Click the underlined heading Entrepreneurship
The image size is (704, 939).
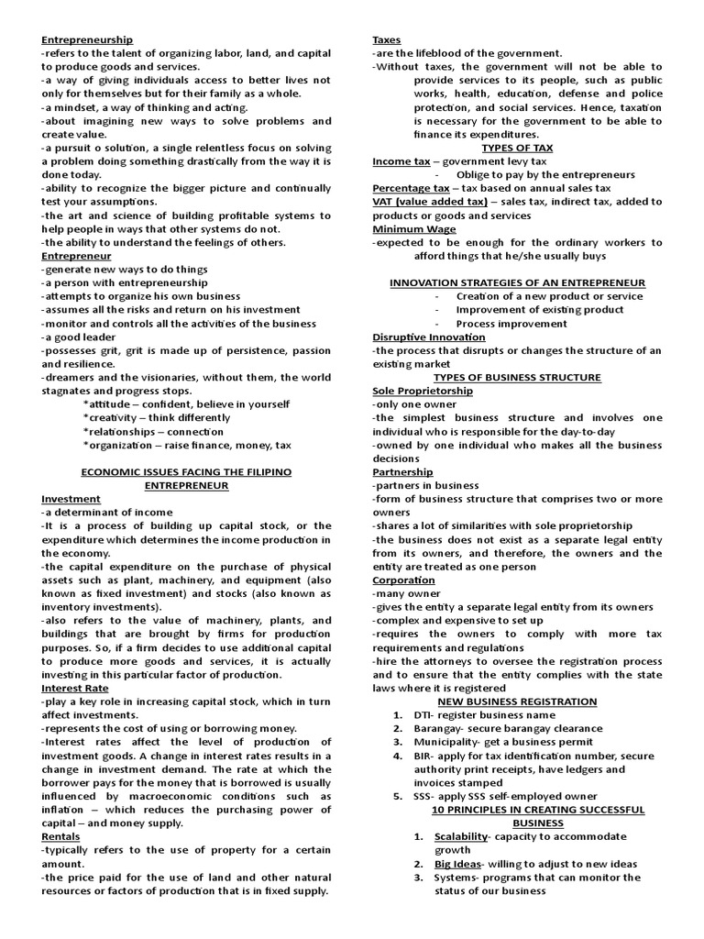(x=87, y=39)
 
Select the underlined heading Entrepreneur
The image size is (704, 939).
(x=76, y=256)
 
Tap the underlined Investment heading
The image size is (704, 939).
(x=71, y=499)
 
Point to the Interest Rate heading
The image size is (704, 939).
(x=74, y=688)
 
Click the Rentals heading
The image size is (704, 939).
(x=60, y=836)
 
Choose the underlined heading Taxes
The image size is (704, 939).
(x=386, y=39)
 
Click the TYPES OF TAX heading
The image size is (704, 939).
(x=517, y=148)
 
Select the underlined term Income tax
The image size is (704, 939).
(x=401, y=161)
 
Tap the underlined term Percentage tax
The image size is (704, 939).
(x=411, y=188)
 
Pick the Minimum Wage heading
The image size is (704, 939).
(x=413, y=229)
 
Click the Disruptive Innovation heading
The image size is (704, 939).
(x=429, y=337)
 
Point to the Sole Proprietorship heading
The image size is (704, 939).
(x=423, y=391)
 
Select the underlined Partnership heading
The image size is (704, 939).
(x=402, y=472)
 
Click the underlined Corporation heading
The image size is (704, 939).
(x=403, y=580)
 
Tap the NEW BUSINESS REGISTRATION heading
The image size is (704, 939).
(x=517, y=701)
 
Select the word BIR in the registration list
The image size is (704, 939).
(x=423, y=756)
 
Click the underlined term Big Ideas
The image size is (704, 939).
(x=456, y=864)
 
